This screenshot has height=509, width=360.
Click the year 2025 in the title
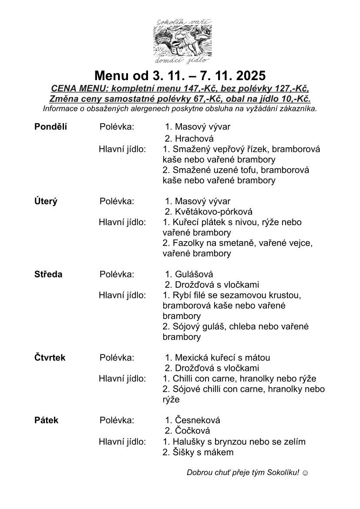pos(247,76)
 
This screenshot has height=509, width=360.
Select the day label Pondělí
pos(51,127)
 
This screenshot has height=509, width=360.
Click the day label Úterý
pos(46,201)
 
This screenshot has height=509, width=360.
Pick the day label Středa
pos(48,274)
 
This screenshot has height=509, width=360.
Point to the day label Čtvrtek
pos(50,357)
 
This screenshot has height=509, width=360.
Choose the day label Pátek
pos(46,420)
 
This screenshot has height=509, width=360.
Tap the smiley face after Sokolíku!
pos(305,472)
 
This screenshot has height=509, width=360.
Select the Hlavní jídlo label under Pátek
pos(122,442)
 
